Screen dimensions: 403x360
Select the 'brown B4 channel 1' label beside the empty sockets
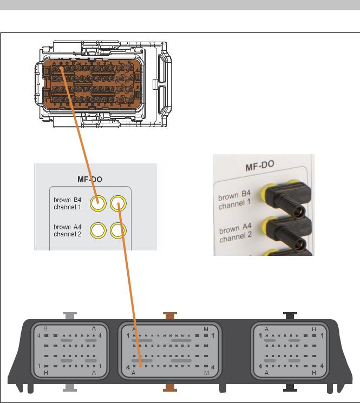click(x=68, y=203)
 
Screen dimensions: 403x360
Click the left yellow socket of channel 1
click(x=97, y=203)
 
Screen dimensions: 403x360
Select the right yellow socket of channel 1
click(x=118, y=204)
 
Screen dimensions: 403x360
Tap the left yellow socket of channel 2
click(x=97, y=230)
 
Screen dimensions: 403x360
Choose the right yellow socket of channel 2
click(x=118, y=231)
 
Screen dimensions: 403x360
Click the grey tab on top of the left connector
click(x=69, y=315)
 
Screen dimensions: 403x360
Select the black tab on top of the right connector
click(x=291, y=315)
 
